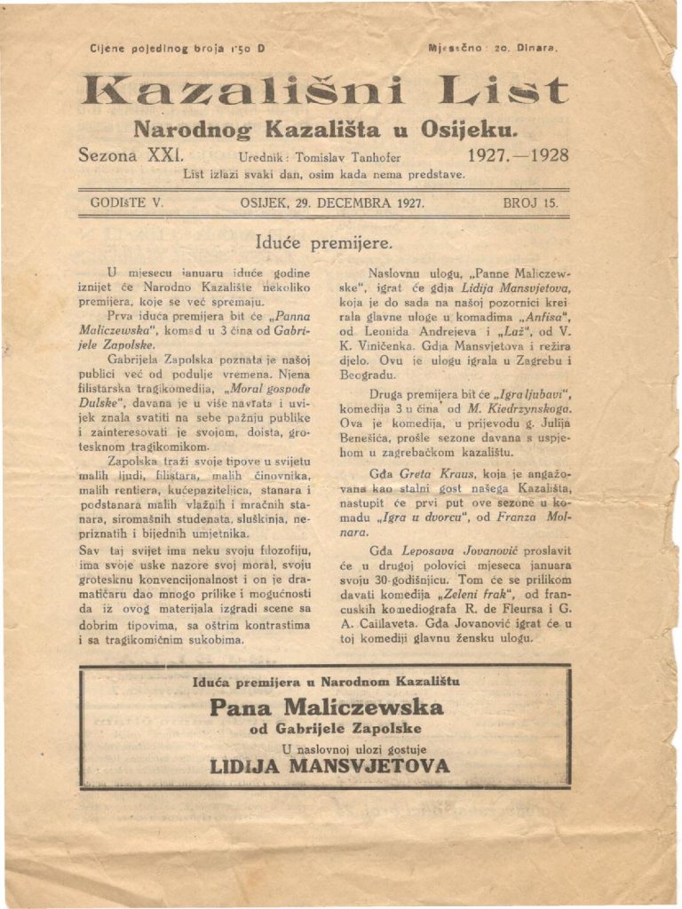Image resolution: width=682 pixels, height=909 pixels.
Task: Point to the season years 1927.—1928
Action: point(518,154)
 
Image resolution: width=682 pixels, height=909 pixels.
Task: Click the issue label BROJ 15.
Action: point(530,202)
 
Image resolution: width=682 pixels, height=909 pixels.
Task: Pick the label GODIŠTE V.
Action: point(127,202)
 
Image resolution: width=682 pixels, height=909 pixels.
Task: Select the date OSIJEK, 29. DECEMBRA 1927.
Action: point(332,202)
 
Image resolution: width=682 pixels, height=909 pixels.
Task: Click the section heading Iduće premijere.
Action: point(323,241)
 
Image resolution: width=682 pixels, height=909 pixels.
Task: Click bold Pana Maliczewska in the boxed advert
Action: point(326,707)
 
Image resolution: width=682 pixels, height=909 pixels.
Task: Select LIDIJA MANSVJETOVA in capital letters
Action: point(329,765)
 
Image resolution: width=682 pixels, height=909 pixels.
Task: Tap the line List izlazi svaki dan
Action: point(323,174)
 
